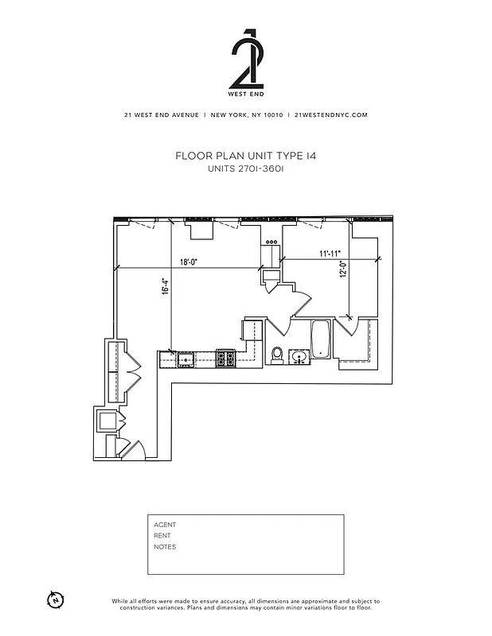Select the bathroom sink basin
(300, 357)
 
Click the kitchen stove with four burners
(225, 359)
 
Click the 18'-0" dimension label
(189, 261)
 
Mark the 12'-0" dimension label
(343, 271)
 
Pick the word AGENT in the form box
(165, 525)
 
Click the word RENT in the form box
(162, 536)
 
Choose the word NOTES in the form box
(165, 547)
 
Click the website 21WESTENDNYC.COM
(330, 115)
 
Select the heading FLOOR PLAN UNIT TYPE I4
(246, 157)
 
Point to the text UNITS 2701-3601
(246, 169)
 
